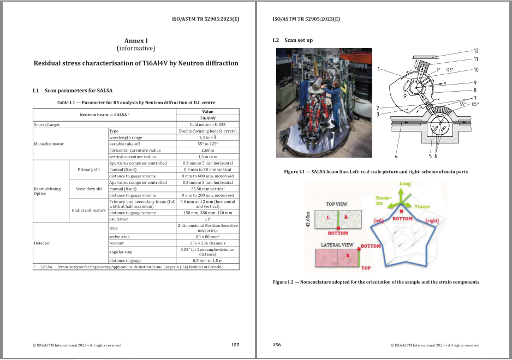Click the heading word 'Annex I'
click(136, 40)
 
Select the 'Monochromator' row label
click(49, 144)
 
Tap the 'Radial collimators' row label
click(88, 210)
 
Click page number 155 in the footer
click(235, 345)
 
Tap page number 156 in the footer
click(276, 345)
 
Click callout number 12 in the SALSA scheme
click(476, 50)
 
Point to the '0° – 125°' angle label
click(444, 70)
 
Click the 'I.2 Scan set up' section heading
click(293, 40)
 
